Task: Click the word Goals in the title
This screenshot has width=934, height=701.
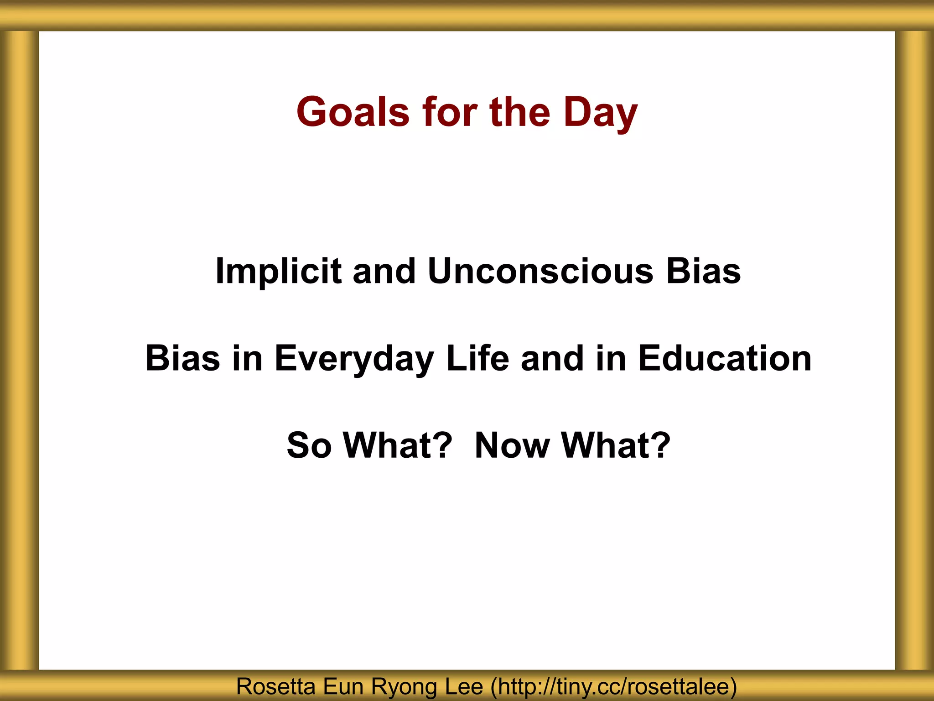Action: (353, 112)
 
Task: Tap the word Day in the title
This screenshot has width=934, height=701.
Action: (600, 112)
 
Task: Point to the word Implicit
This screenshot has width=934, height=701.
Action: (278, 271)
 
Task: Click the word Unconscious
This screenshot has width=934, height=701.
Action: (540, 271)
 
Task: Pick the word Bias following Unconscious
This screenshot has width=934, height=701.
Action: (703, 271)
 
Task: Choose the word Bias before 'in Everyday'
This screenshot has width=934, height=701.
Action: (183, 358)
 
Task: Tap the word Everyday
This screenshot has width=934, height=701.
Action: (354, 358)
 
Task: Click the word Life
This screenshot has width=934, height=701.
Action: (477, 358)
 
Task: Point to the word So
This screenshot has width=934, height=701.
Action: (309, 445)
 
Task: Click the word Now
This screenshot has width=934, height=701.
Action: (512, 445)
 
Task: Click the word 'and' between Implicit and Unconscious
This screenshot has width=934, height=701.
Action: (384, 271)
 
